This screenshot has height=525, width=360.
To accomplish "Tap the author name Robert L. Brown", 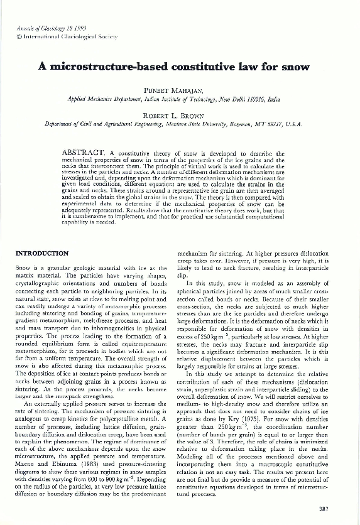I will (x=180, y=116).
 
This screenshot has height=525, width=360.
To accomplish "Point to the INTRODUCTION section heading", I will (x=41, y=253).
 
